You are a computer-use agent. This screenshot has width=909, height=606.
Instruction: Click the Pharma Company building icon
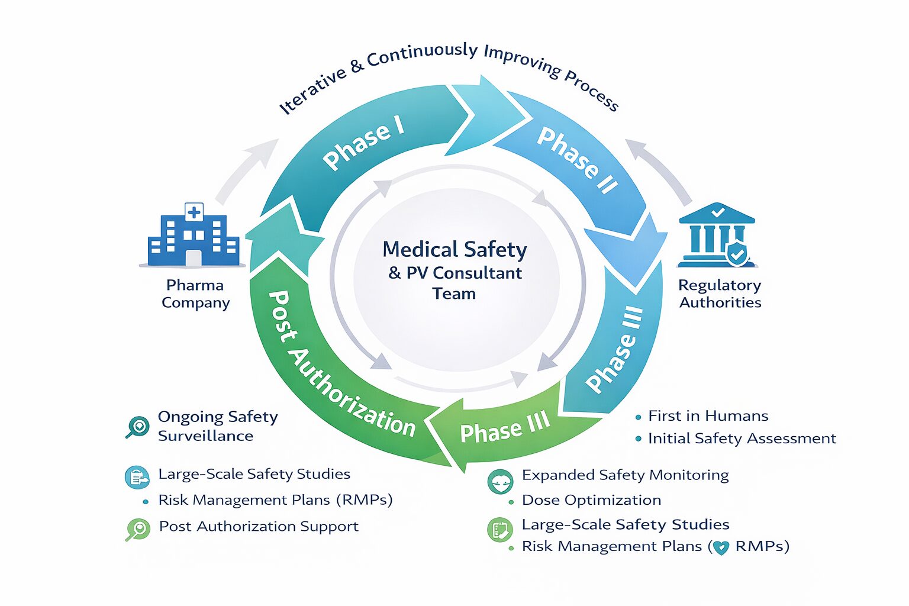[x=194, y=236]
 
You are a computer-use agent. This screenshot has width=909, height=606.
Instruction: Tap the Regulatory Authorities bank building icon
[x=717, y=236]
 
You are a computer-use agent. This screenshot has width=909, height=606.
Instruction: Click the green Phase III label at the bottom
[x=505, y=428]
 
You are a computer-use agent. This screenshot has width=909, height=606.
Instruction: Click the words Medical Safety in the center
[x=454, y=250]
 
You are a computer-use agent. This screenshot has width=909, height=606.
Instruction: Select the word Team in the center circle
[x=454, y=294]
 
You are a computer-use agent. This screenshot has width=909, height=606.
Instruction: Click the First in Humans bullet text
[x=708, y=416]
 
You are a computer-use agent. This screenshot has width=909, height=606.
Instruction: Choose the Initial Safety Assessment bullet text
[x=742, y=439]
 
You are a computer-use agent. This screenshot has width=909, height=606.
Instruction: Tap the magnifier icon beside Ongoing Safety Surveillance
[x=138, y=426]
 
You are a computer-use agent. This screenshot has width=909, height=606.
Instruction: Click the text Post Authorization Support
[x=259, y=527]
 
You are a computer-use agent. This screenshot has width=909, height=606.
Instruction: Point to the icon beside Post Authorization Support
[x=138, y=528]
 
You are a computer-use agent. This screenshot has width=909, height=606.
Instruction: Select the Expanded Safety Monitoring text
[x=625, y=475]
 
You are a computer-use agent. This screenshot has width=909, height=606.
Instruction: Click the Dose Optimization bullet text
[x=591, y=500]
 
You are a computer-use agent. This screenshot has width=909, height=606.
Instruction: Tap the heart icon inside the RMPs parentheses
[x=721, y=547]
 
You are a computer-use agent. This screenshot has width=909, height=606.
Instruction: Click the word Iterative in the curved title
[x=312, y=91]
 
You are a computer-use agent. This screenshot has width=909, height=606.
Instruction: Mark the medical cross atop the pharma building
[x=194, y=211]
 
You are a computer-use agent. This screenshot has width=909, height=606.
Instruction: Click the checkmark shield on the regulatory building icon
[x=737, y=254]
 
